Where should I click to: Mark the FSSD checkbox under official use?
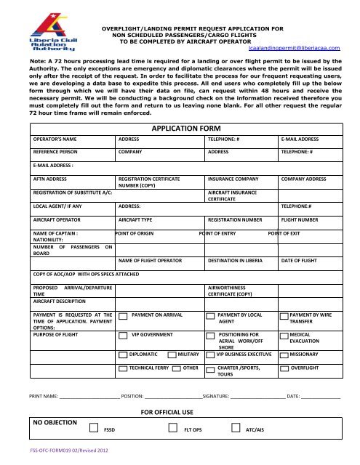[x=93, y=429]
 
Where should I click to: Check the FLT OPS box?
[x=172, y=429]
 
